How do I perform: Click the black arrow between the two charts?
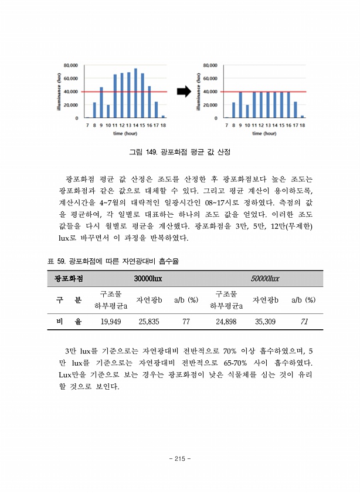184,91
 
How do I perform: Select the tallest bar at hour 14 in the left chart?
135,93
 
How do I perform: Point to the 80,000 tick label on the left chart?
71,65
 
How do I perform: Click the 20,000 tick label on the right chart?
210,105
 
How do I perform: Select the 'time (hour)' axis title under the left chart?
126,133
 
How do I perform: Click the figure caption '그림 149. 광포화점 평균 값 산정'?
179,152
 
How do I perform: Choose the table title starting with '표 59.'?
112,261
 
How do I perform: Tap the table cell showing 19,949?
111,321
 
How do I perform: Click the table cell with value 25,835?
149,321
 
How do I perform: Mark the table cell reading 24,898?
226,321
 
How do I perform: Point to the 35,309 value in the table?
265,321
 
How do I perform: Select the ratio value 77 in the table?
186,321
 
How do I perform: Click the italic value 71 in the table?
304,321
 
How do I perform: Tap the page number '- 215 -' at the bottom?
180,459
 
